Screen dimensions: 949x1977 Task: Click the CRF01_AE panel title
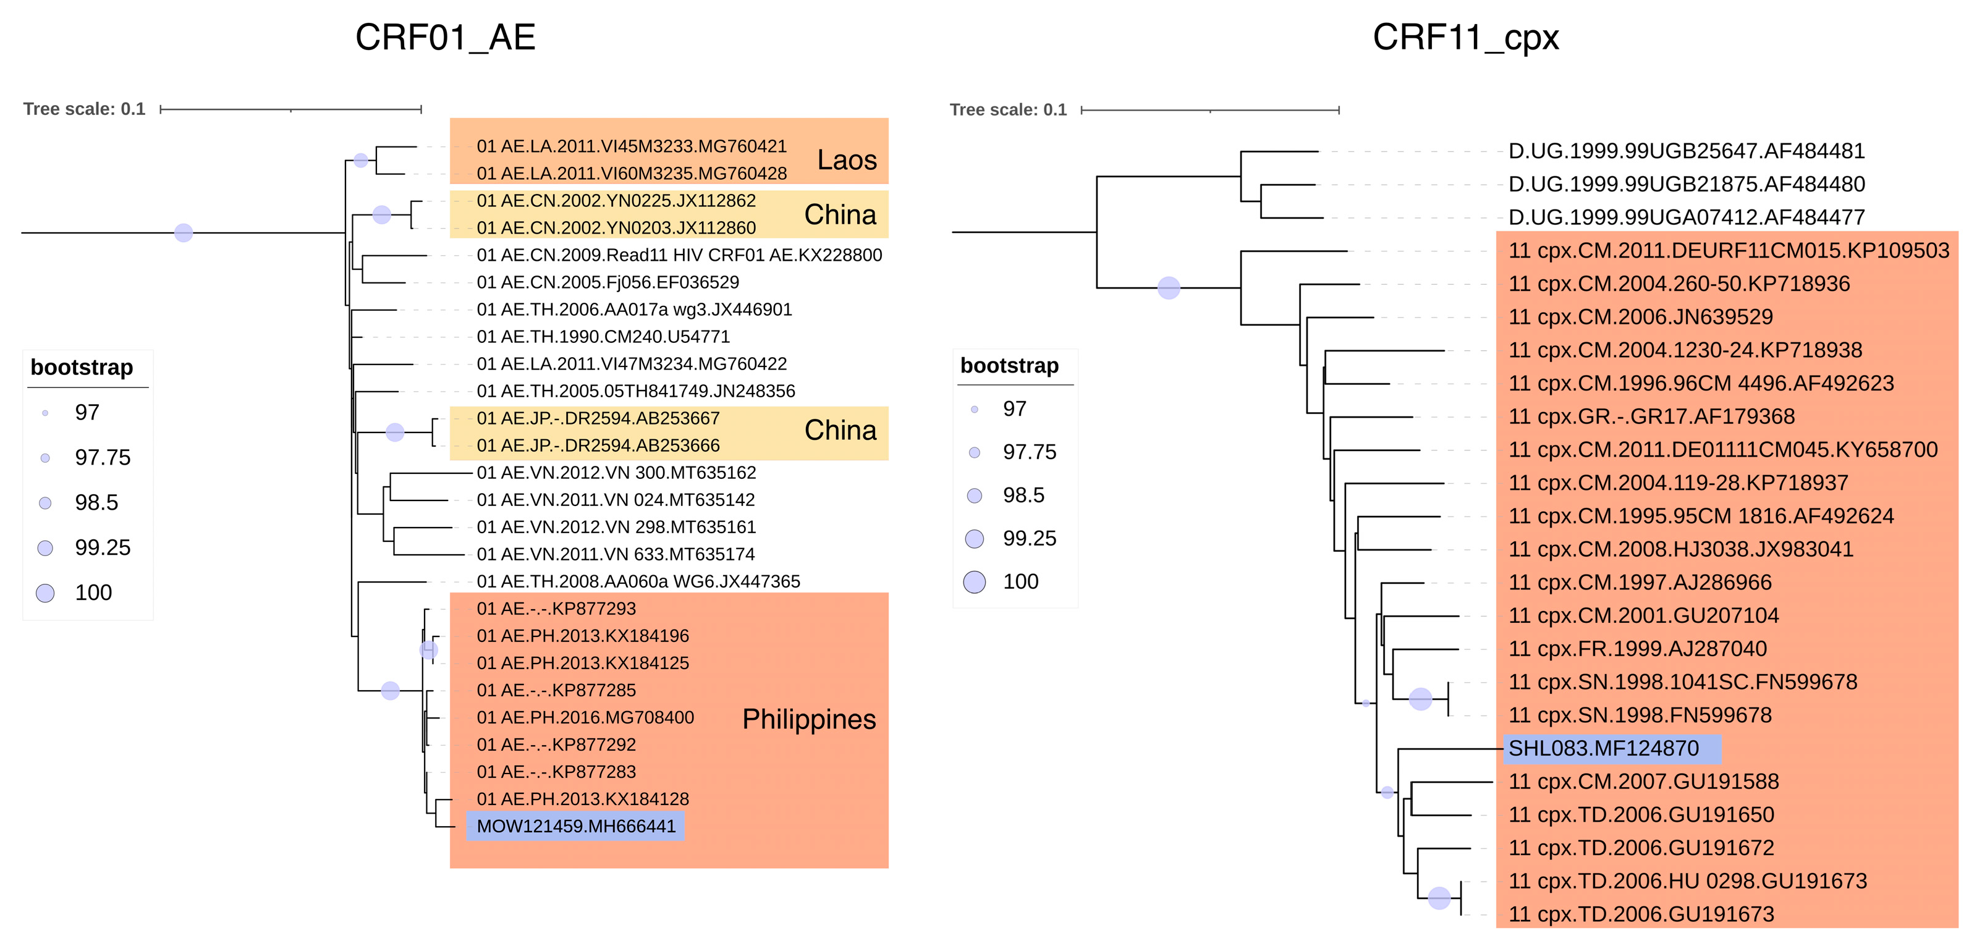445,37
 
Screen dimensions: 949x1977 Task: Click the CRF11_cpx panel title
1465,37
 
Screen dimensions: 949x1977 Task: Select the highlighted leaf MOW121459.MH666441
575,826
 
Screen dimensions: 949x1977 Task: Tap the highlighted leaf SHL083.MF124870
1603,748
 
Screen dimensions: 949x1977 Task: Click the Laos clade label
847,159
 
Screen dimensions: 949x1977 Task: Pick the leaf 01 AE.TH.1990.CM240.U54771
603,337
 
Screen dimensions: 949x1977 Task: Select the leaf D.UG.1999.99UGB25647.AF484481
1686,151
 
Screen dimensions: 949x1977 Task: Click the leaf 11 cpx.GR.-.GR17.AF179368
1651,416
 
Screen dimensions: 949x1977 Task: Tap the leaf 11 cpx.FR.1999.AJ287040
1637,649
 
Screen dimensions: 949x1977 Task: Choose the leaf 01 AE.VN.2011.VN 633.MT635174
616,554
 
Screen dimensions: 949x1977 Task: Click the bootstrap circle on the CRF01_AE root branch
184,232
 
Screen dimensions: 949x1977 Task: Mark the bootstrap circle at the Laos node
361,161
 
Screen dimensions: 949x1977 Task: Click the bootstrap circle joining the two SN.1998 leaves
1421,699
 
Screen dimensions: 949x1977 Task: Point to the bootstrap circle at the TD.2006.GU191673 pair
1439,898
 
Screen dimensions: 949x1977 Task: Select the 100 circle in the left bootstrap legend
45,593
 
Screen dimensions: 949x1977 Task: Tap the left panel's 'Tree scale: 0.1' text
85,109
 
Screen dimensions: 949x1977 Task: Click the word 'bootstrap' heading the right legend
1009,366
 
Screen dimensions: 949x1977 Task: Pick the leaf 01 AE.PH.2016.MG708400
585,717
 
